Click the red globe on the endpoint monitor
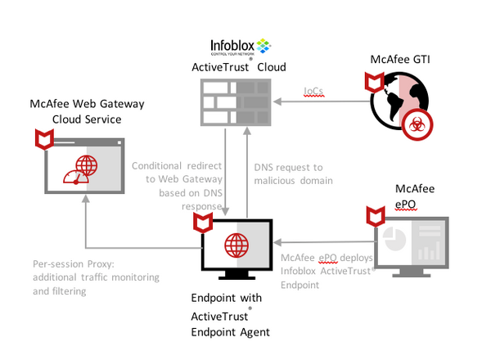(x=236, y=245)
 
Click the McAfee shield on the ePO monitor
(x=376, y=216)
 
